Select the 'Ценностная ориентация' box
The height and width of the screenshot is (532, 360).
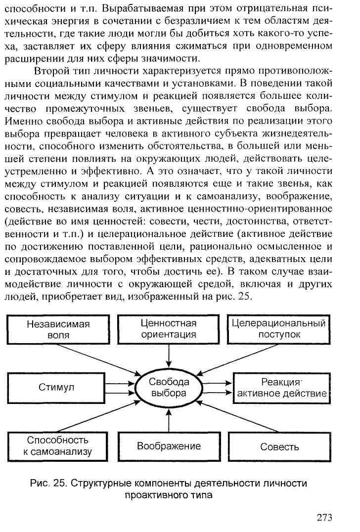coord(169,329)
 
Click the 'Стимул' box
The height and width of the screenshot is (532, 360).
coord(57,387)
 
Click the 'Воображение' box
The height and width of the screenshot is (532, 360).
coord(169,446)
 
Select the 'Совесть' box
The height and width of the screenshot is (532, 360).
coord(279,446)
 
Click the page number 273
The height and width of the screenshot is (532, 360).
coord(324,518)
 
